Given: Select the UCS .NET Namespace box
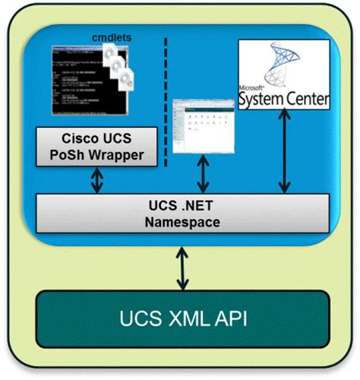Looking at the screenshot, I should click(x=182, y=215).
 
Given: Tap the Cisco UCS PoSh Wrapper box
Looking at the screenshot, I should click(x=102, y=148).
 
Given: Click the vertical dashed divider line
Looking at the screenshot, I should click(x=166, y=99).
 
